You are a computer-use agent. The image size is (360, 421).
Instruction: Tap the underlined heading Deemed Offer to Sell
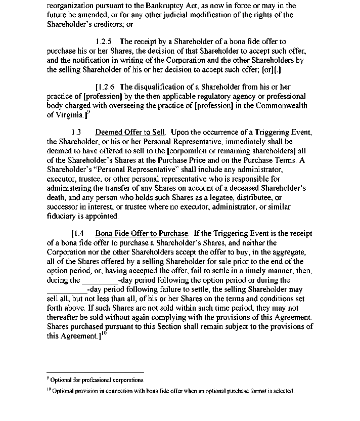pos(131,133)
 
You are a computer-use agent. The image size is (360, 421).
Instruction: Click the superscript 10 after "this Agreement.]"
pos(104,334)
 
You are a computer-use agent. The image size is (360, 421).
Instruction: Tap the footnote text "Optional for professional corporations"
pos(97,380)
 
